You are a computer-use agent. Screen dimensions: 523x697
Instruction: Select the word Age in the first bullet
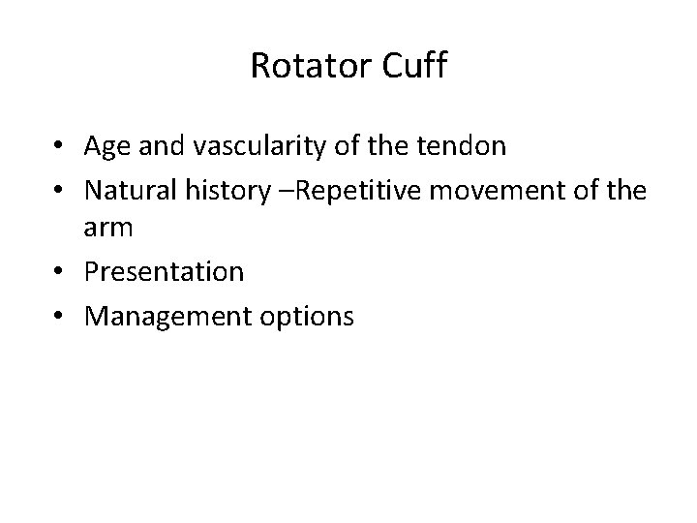106,147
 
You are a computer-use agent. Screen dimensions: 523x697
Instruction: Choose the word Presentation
164,271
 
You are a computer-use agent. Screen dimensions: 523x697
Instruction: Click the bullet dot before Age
61,147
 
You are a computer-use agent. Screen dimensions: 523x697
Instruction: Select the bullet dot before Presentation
61,272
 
